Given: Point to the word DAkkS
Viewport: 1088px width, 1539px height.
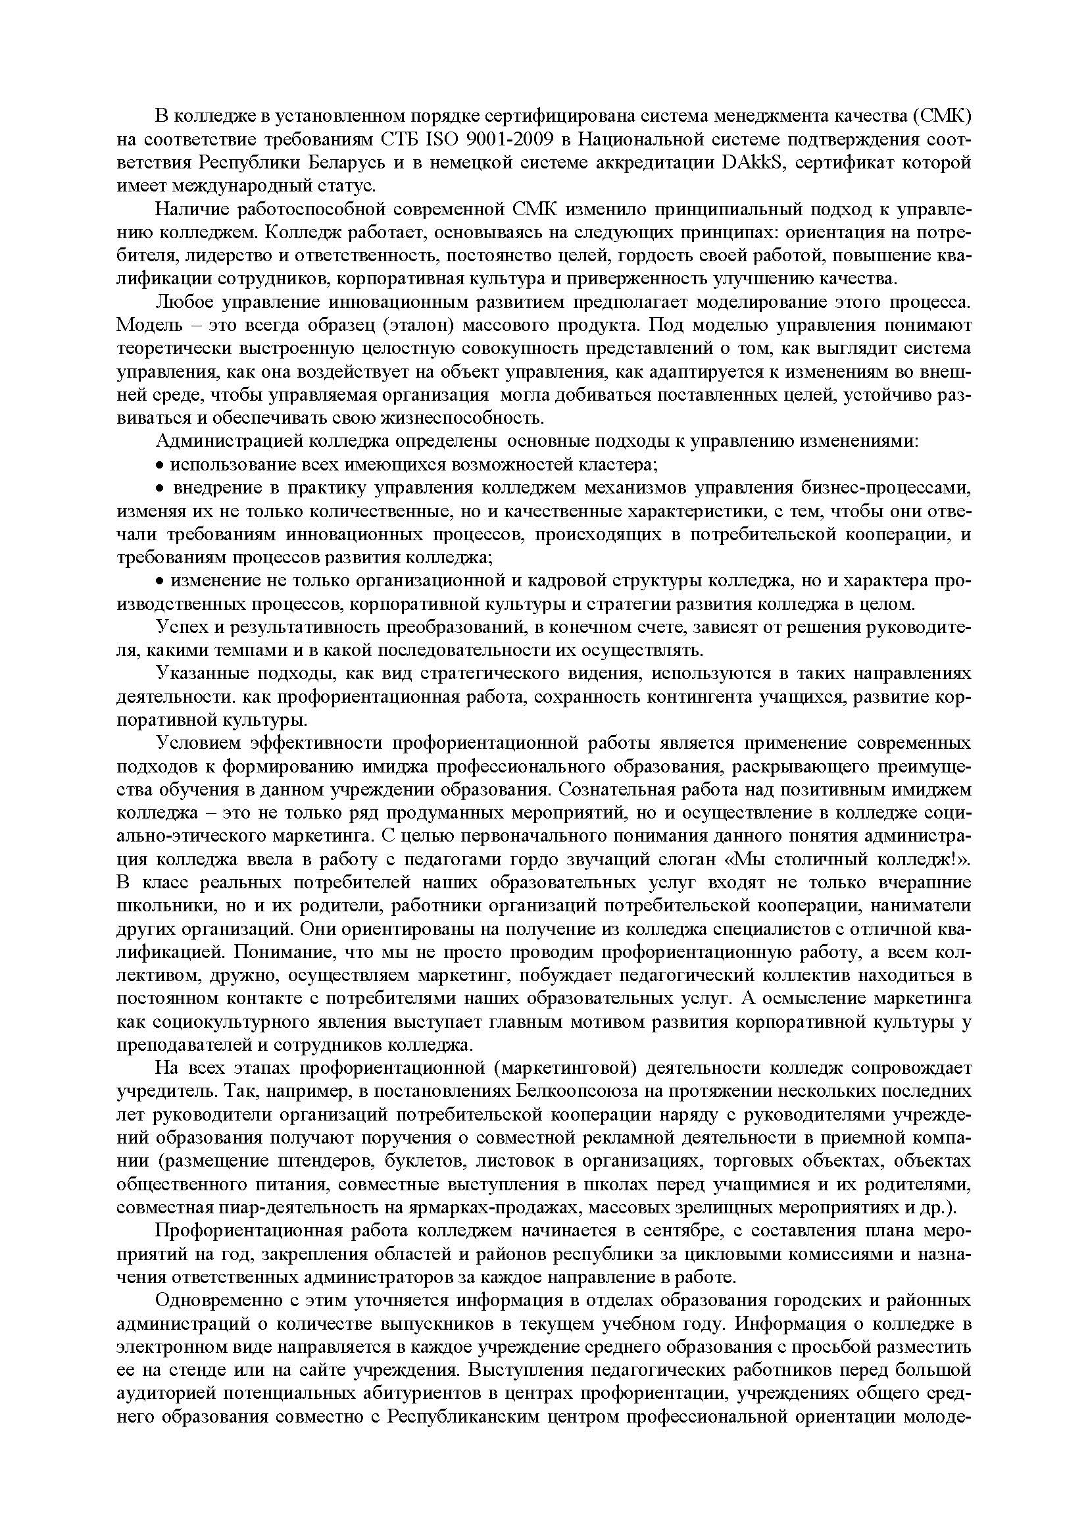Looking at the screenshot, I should coord(752,163).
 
